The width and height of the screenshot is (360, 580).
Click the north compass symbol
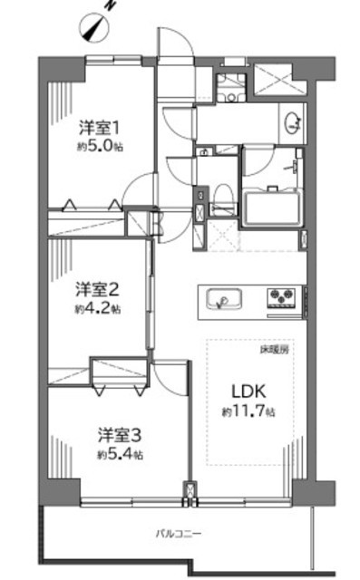coord(95,26)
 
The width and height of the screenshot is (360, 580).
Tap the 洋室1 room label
coord(99,129)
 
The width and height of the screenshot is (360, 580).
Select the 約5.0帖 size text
coord(100,147)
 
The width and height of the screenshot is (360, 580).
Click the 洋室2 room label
coord(97,289)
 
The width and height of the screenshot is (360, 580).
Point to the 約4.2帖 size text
coord(98,308)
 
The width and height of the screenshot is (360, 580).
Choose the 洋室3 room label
coord(120,435)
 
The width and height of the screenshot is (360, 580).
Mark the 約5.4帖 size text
coord(121,455)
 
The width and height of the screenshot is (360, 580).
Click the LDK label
coord(248,391)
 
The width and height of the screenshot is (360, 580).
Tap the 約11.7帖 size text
coord(248,411)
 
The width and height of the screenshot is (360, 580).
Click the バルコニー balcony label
coord(178,534)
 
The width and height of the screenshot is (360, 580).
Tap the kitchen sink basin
coord(224,299)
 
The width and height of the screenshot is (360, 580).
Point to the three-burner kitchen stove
coord(282,297)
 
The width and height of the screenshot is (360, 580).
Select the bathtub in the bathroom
coord(271,208)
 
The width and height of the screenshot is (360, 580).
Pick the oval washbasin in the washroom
coord(292,122)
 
